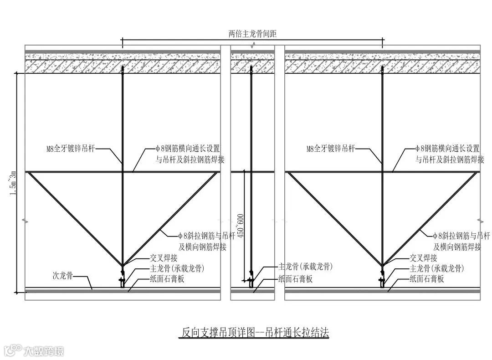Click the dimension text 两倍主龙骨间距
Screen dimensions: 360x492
pyautogui.click(x=252, y=33)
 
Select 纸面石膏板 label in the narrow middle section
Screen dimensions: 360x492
pyautogui.click(x=295, y=279)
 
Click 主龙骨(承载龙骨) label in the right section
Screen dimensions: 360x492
pyautogui.click(x=437, y=268)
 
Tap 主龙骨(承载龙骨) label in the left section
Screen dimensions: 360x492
pyautogui.click(x=177, y=268)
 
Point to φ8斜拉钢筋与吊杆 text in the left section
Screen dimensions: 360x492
pyautogui.click(x=206, y=236)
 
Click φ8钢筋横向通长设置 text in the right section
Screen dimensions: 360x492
pyautogui.click(x=447, y=149)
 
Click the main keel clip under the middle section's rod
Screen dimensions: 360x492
pyautogui.click(x=251, y=280)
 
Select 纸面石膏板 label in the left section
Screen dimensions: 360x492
pyautogui.click(x=167, y=279)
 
